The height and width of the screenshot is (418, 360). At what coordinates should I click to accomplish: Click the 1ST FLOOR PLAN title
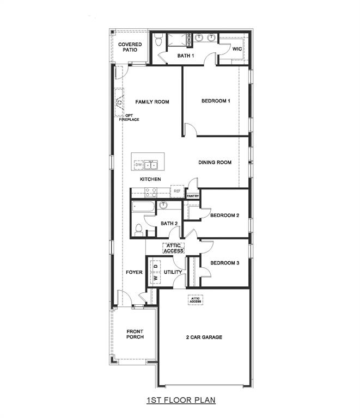point(180,401)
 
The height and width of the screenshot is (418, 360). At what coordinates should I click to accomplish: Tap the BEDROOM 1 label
point(216,101)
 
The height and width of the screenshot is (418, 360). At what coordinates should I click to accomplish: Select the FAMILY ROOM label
point(152,102)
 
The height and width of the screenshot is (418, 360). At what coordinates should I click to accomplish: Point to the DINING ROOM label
point(215,162)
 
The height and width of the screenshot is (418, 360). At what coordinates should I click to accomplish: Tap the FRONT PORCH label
point(135,334)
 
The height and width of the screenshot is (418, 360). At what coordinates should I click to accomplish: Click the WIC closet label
point(237,49)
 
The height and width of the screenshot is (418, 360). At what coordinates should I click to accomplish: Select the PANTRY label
point(193,196)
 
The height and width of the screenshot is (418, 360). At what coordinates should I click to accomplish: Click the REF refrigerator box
point(177,192)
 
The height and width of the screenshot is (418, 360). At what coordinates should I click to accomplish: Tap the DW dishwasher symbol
point(139,164)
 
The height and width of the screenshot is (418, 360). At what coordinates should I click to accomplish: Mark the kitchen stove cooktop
point(151,192)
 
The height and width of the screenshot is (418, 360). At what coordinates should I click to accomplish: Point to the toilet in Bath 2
point(138,230)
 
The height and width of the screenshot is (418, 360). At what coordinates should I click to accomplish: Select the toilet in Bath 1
point(159,40)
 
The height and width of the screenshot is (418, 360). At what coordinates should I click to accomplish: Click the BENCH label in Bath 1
point(188,40)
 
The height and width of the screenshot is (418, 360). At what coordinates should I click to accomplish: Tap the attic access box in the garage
point(196,300)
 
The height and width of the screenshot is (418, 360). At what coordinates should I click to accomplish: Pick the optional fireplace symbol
point(119,102)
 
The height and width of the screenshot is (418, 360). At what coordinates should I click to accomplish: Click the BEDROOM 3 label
point(224,263)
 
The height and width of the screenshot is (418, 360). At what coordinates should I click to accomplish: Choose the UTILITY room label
point(173,272)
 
